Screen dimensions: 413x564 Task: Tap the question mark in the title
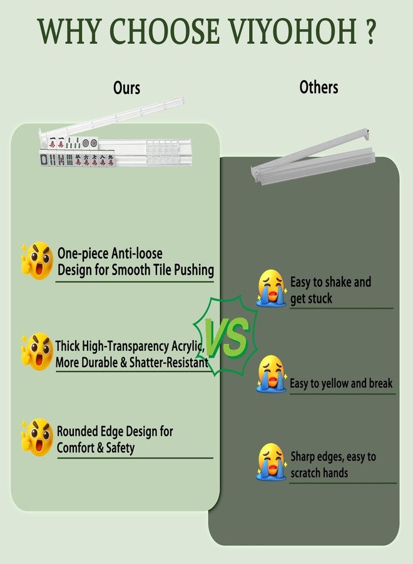tap(370, 31)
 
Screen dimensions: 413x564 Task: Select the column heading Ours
tap(126, 88)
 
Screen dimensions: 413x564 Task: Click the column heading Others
tap(319, 87)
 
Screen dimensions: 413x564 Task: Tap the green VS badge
tap(226, 336)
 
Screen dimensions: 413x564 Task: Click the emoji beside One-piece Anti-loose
tap(37, 261)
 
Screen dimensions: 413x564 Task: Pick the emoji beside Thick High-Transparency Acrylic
tap(37, 351)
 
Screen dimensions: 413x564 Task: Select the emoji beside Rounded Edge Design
tap(37, 437)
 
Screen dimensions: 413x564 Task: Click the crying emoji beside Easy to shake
tap(272, 288)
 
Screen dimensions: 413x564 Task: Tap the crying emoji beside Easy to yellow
tap(272, 374)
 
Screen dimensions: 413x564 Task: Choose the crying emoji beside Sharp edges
tap(272, 462)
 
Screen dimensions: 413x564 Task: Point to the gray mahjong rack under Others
tap(313, 159)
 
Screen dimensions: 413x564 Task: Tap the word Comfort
tap(75, 448)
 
